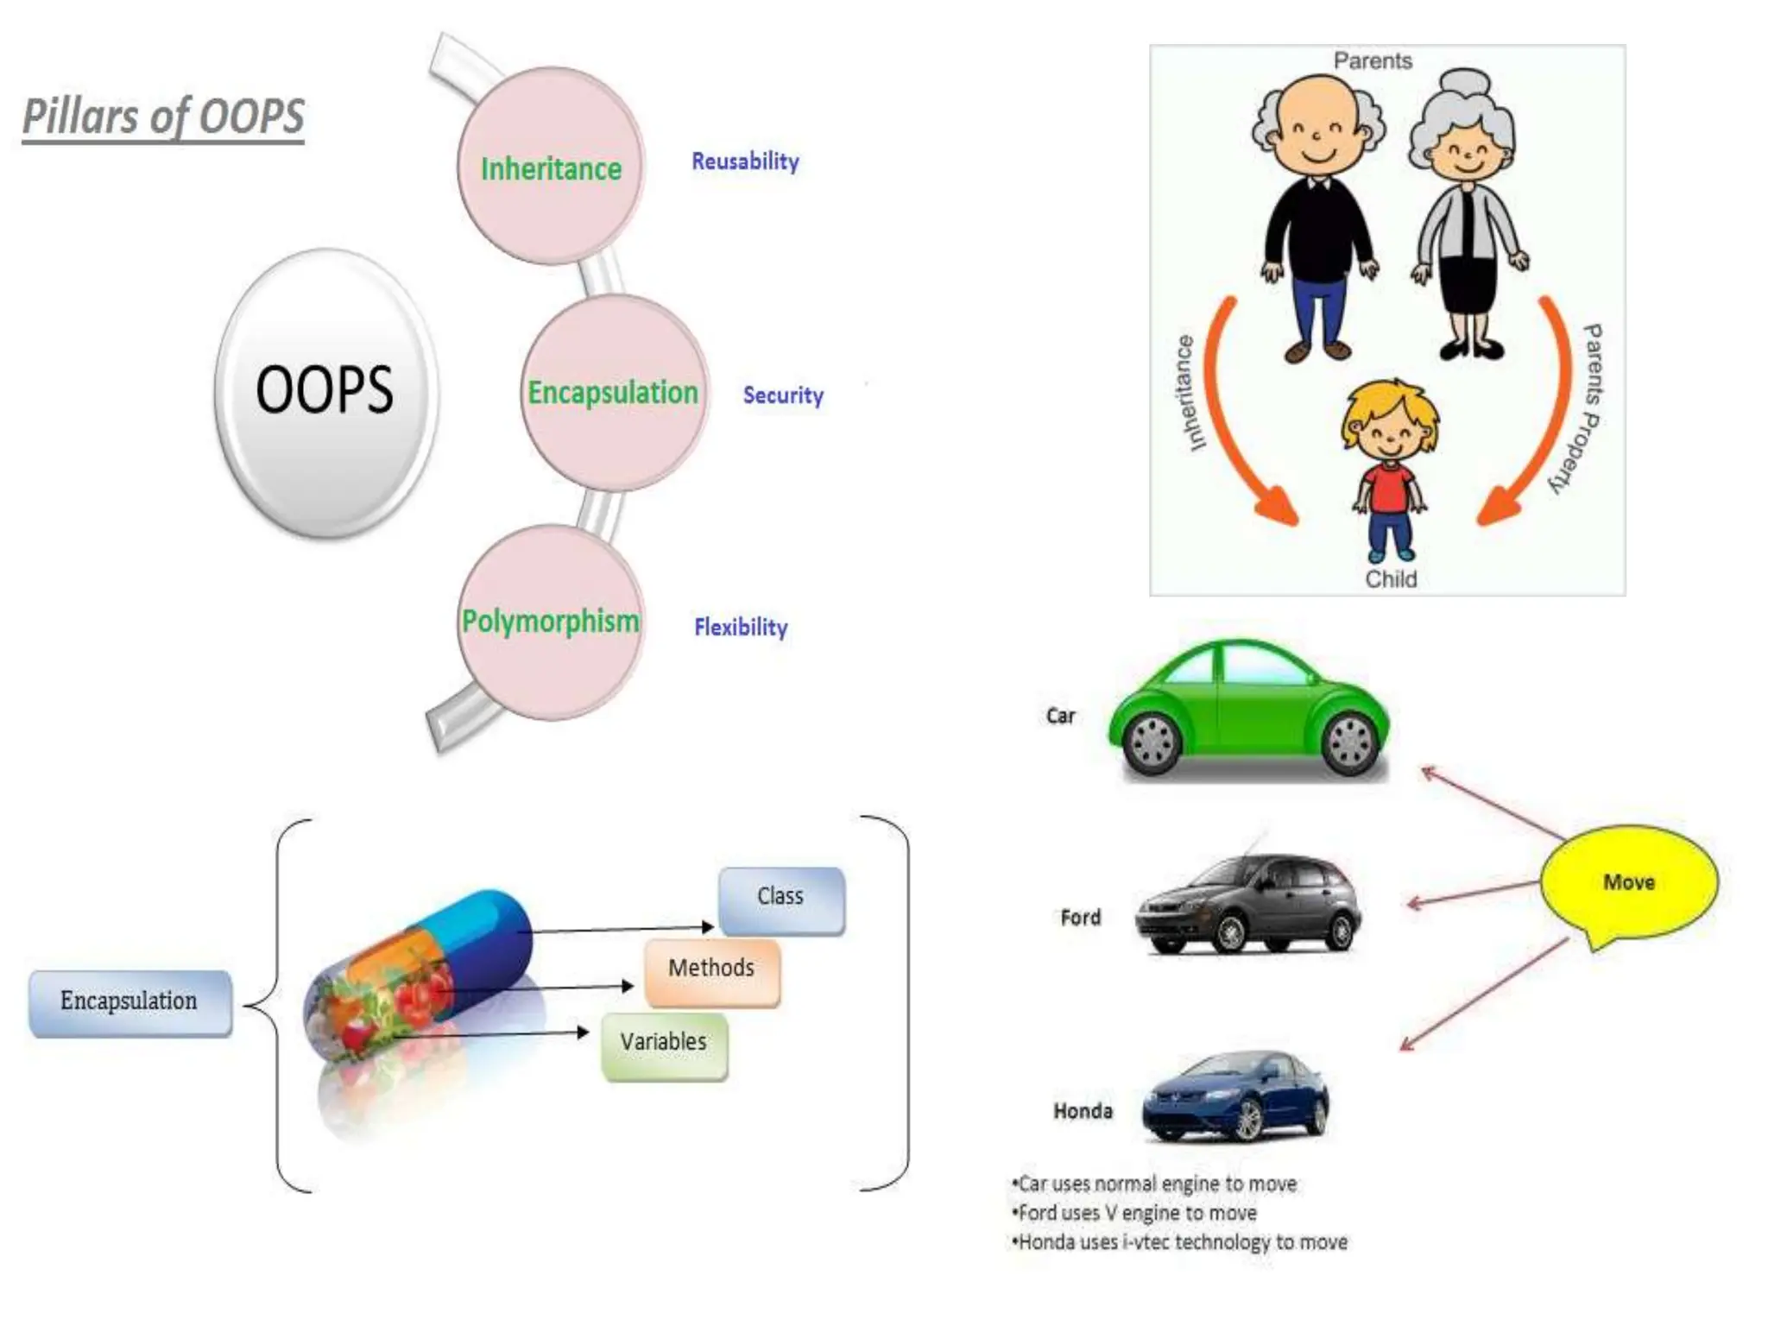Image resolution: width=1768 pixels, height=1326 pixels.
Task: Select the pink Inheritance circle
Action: click(x=551, y=166)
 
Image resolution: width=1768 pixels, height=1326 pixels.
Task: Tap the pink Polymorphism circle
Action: click(x=551, y=622)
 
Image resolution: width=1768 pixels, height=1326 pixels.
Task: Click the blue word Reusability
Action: click(x=745, y=161)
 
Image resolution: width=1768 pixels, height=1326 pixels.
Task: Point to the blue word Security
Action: click(x=783, y=395)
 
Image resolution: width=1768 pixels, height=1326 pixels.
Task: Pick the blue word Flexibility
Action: click(x=741, y=627)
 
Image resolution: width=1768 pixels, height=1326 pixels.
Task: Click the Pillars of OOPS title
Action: click(x=163, y=117)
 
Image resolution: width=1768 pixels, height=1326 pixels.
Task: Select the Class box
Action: click(x=781, y=899)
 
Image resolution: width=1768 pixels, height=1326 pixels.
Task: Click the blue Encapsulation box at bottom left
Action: click(x=129, y=1001)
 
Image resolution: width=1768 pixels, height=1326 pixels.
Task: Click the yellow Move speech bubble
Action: click(x=1629, y=882)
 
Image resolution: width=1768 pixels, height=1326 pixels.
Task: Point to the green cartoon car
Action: click(x=1248, y=708)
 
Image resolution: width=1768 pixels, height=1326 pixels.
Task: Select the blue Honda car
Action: click(x=1236, y=1096)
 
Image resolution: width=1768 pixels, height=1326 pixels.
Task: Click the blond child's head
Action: click(x=1390, y=423)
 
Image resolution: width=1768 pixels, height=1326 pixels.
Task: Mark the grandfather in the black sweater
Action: click(x=1317, y=216)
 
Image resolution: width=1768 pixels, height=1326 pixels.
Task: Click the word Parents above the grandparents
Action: click(x=1373, y=61)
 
